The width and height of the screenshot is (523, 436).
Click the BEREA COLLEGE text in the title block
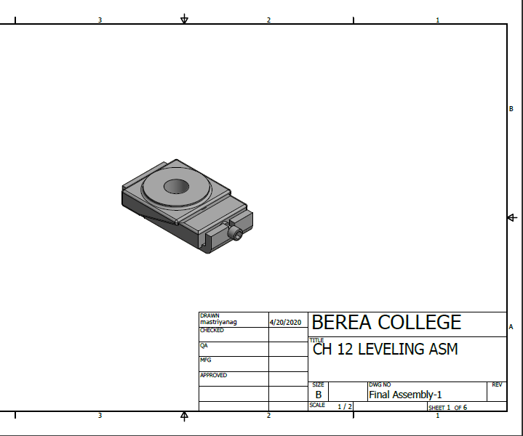pos(386,323)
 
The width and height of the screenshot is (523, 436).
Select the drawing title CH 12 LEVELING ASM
pos(386,350)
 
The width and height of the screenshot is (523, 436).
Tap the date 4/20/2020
pos(285,321)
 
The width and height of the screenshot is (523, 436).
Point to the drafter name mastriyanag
pos(218,321)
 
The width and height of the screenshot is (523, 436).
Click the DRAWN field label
pos(209,315)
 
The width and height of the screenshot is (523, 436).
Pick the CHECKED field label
pos(212,331)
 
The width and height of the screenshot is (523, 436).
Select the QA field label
pos(204,346)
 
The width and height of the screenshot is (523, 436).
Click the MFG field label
pos(205,360)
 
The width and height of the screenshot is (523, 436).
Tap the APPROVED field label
pos(213,376)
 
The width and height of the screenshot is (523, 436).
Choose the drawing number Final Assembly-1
pos(405,395)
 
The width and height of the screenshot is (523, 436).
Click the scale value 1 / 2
pos(345,407)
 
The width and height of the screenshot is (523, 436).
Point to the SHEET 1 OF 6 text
pos(447,408)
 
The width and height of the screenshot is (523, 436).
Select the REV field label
pos(497,384)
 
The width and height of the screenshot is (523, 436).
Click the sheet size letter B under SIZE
pos(319,395)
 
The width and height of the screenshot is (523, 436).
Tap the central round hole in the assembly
pos(176,187)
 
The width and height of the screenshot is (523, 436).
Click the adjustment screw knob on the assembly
pos(236,234)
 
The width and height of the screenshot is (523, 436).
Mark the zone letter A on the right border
pos(511,327)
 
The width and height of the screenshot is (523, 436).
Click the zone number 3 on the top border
pos(100,20)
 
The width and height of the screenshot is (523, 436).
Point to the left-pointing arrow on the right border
pos(512,217)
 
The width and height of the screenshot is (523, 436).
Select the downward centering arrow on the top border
pos(185,19)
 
